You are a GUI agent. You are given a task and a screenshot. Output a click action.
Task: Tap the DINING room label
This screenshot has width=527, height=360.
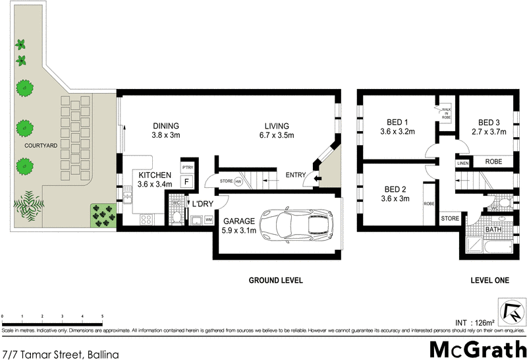click(x=166, y=127)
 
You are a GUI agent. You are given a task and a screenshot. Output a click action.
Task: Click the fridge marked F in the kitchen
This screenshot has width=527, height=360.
click(x=187, y=181)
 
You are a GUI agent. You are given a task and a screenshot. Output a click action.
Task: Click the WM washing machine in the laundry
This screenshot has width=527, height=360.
click(x=208, y=220)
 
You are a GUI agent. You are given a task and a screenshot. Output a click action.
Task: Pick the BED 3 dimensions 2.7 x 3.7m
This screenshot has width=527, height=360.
click(x=492, y=132)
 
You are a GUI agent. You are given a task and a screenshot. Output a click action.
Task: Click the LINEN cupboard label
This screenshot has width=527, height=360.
click(x=462, y=162)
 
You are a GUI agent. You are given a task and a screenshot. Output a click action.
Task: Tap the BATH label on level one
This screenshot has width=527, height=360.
click(x=493, y=229)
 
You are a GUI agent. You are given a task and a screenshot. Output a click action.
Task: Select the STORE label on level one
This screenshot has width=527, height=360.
click(x=450, y=218)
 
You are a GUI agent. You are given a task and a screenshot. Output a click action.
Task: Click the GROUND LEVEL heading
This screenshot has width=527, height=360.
click(x=275, y=280)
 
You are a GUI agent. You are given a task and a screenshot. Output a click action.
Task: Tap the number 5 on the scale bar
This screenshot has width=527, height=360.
click(x=102, y=317)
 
